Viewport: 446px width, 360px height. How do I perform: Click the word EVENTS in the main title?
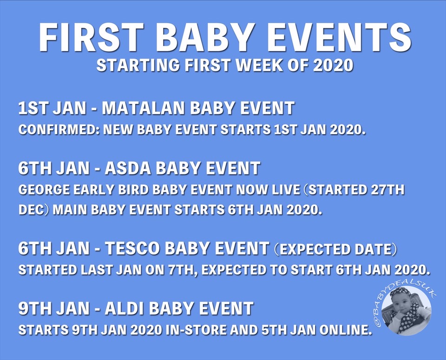coord(337,37)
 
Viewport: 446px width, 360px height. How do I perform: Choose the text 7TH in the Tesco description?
coord(182,270)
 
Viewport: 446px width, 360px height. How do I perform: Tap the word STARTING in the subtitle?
coord(138,65)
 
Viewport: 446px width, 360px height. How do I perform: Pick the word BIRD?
coord(133,190)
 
